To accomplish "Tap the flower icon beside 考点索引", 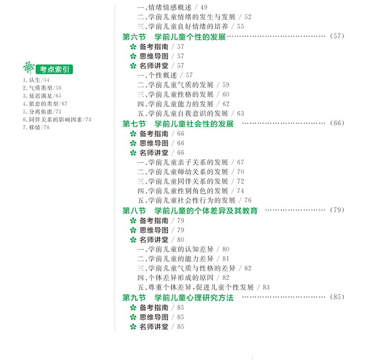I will (x=29, y=68).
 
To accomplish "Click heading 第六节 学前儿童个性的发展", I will (x=174, y=36).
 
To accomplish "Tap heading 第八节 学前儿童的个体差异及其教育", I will (x=190, y=210).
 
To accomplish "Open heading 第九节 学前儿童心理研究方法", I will (x=178, y=298).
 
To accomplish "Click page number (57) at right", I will (x=338, y=36).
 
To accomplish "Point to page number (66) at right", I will (x=338, y=123).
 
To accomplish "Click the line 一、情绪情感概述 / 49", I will (x=172, y=7).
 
